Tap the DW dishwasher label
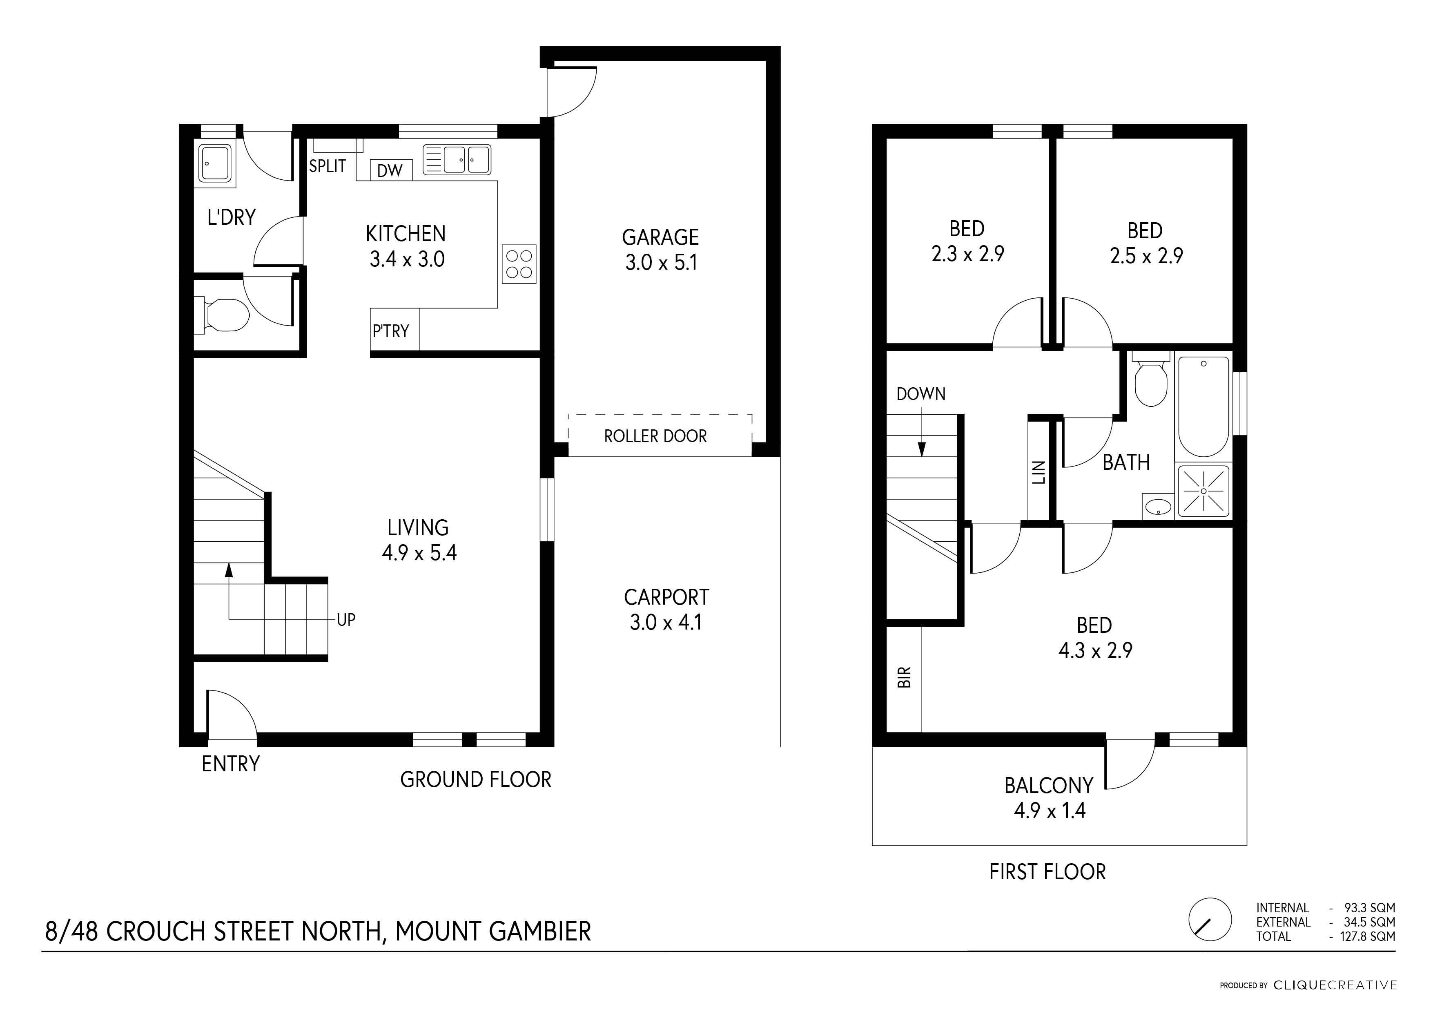(x=390, y=170)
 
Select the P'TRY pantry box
(x=395, y=330)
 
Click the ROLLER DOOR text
(x=655, y=436)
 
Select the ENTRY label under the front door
(x=230, y=764)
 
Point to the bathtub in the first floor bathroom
(x=1203, y=406)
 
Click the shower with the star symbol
(x=1203, y=491)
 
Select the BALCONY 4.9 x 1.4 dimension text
(x=1050, y=811)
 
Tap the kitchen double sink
(x=457, y=159)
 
